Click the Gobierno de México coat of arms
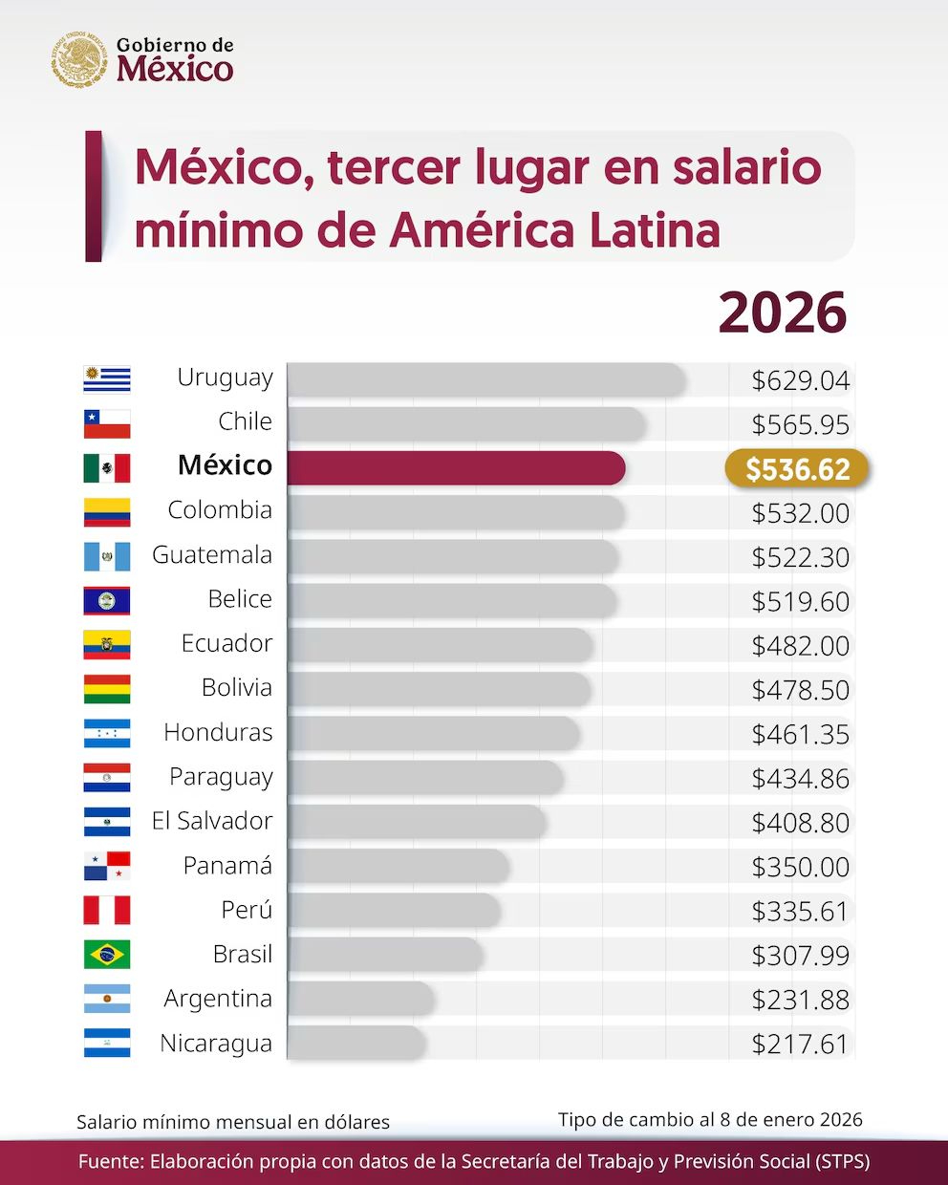coord(80,59)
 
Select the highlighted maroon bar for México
coord(456,468)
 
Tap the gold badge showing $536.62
coord(797,469)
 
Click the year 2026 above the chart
coord(783,312)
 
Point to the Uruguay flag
coord(107,378)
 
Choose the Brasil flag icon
coord(107,954)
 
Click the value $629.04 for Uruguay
coord(800,380)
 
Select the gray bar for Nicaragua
coord(355,1043)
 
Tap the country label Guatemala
coord(212,555)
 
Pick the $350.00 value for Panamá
coord(800,867)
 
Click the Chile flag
coord(107,422)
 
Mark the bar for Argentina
coord(360,999)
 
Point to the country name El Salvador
coord(212,821)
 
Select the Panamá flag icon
coord(107,866)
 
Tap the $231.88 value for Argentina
coord(800,1000)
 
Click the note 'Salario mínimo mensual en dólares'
coord(233,1122)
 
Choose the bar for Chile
coord(466,423)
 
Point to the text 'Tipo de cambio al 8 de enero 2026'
coord(710,1119)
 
